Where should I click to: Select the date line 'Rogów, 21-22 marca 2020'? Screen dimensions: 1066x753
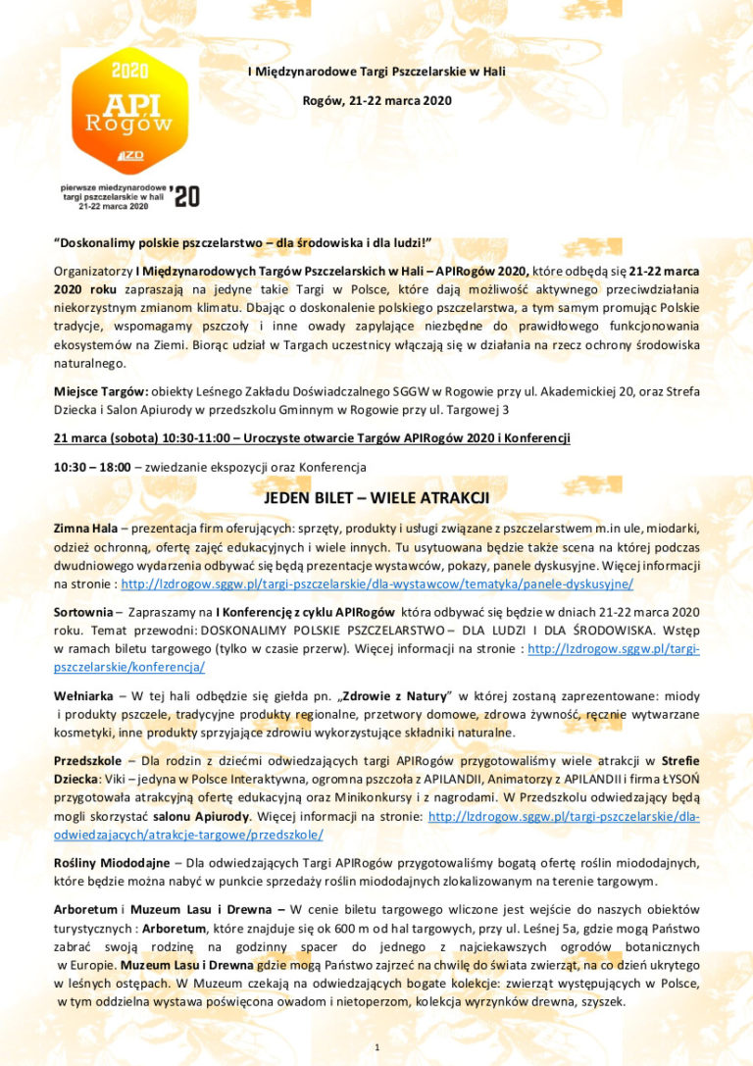(x=377, y=100)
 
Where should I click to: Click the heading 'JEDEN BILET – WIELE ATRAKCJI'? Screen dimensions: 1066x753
(x=376, y=497)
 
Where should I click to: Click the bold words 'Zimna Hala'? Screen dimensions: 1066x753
(x=85, y=528)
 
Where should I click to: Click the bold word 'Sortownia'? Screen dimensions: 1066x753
(x=82, y=610)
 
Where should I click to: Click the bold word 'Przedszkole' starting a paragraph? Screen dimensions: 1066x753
(x=87, y=760)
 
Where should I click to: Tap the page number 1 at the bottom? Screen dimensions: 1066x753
(x=376, y=1048)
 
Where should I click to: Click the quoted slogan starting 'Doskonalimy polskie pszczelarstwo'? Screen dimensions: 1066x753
(x=242, y=241)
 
